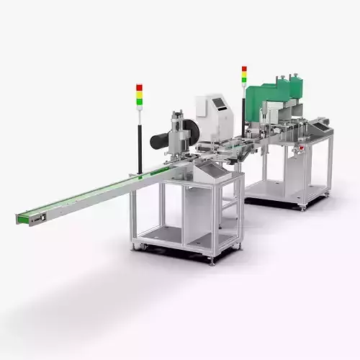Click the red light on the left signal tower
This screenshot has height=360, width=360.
click(x=140, y=87)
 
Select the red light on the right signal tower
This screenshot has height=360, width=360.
click(x=244, y=69)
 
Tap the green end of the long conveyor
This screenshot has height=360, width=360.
click(x=23, y=217)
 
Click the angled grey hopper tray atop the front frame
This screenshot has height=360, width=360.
click(x=212, y=171)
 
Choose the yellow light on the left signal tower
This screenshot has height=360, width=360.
click(x=140, y=92)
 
